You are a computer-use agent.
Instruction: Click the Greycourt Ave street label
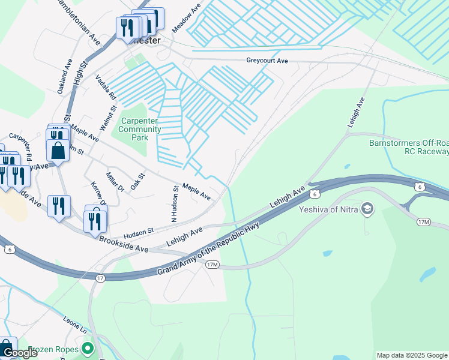(267, 61)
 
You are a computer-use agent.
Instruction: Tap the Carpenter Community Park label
(140, 129)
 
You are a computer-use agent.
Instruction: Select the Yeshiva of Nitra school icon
(368, 209)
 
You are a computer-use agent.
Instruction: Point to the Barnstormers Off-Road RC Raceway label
(408, 148)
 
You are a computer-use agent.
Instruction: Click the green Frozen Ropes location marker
(88, 348)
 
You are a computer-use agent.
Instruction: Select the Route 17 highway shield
(100, 278)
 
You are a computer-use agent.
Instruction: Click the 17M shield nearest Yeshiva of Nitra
(424, 223)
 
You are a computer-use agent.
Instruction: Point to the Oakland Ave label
(65, 76)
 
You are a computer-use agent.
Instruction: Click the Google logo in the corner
(20, 353)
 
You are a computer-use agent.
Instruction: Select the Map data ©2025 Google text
(411, 355)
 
